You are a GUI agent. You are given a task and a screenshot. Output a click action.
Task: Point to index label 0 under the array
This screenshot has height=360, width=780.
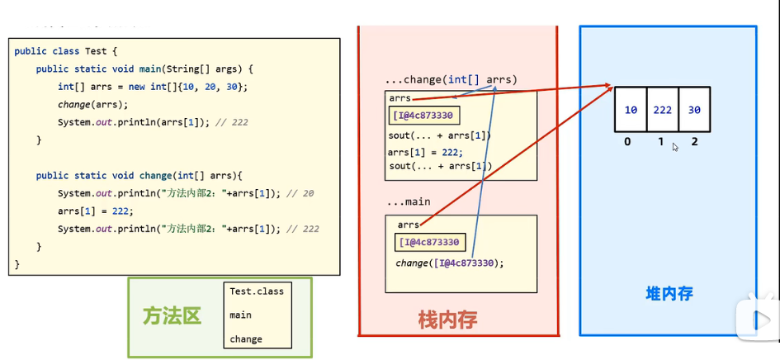click(627, 142)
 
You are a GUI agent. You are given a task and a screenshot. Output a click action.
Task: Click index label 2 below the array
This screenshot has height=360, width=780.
click(695, 142)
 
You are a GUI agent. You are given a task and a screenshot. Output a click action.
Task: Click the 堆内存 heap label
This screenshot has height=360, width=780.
click(669, 293)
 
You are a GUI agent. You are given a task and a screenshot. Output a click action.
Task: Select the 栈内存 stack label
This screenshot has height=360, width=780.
click(448, 319)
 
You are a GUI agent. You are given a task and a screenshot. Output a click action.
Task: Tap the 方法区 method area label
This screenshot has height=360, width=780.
click(172, 316)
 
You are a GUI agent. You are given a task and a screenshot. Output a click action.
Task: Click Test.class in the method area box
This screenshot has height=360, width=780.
click(256, 291)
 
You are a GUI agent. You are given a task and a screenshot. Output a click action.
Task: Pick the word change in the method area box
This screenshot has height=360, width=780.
click(246, 339)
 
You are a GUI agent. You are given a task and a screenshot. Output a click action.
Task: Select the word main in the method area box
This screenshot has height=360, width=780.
click(240, 315)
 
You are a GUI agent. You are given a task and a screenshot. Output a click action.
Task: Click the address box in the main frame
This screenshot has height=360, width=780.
click(430, 243)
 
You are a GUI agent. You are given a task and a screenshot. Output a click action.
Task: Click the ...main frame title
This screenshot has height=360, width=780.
click(409, 202)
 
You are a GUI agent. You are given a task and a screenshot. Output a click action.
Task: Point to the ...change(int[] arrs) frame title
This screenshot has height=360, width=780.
click(451, 80)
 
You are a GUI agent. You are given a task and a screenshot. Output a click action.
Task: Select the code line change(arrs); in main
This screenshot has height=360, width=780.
click(92, 105)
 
